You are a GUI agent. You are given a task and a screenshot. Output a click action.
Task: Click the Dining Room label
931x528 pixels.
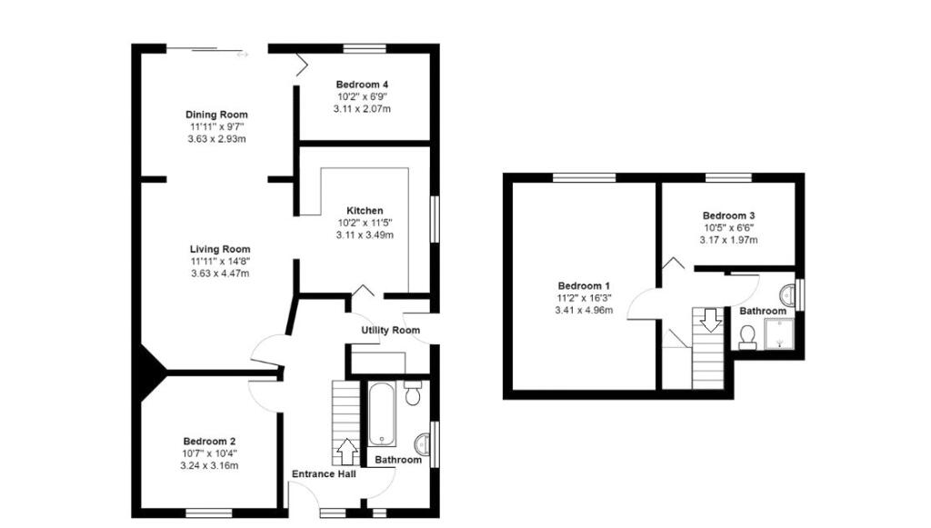point(216,115)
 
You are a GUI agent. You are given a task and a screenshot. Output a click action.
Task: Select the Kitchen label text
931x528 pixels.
point(364,211)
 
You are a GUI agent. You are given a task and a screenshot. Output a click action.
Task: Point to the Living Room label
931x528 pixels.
point(220,249)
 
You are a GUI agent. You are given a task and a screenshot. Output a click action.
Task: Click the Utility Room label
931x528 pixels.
point(390,330)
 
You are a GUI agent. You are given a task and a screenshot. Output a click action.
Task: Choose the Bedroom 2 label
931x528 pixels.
point(211,443)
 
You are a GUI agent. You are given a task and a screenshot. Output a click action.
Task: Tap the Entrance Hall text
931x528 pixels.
point(324,473)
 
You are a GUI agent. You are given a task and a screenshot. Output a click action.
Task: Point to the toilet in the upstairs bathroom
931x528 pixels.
point(748,337)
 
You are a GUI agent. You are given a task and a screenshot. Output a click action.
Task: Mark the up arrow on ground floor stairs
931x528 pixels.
point(346,450)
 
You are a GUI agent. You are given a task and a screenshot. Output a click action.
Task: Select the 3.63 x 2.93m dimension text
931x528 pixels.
point(216,140)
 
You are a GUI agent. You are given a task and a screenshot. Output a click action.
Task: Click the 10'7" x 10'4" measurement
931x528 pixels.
point(211,454)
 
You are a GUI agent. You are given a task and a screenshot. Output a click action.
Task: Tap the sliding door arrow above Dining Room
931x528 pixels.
point(243,55)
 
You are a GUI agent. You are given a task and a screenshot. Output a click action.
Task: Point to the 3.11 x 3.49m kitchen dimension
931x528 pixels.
point(364,235)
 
